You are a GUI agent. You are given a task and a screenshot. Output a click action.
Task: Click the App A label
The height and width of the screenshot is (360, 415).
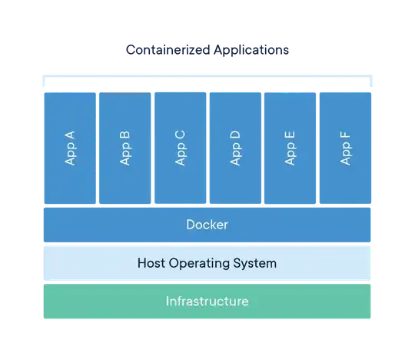70,148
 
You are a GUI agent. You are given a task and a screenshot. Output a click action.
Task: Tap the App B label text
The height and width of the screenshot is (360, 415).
125,148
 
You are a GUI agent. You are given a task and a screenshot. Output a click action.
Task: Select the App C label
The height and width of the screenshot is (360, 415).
180,148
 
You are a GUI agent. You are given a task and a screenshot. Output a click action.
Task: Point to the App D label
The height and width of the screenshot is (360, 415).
235,148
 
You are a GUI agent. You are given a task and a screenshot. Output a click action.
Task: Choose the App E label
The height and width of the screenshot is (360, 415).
290,148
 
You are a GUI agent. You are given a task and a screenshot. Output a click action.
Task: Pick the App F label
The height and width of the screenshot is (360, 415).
345,148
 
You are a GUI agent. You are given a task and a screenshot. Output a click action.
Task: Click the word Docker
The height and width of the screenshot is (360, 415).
207,225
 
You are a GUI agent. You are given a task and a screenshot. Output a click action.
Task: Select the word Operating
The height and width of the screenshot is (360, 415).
202,263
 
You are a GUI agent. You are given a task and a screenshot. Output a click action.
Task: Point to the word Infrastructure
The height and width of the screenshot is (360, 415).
207,301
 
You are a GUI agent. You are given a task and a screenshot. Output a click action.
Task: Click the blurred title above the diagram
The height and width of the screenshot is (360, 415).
207,51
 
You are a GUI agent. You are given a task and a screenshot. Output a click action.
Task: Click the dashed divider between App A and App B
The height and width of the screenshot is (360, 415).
98,148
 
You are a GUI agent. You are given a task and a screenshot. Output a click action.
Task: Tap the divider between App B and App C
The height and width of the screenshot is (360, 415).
152,148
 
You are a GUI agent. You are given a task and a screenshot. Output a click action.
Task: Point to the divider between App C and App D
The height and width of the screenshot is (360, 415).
207,148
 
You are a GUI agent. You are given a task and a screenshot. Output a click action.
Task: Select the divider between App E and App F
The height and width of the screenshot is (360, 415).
317,148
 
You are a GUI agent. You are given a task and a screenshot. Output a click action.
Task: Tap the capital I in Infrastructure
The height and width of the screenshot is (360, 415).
168,301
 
